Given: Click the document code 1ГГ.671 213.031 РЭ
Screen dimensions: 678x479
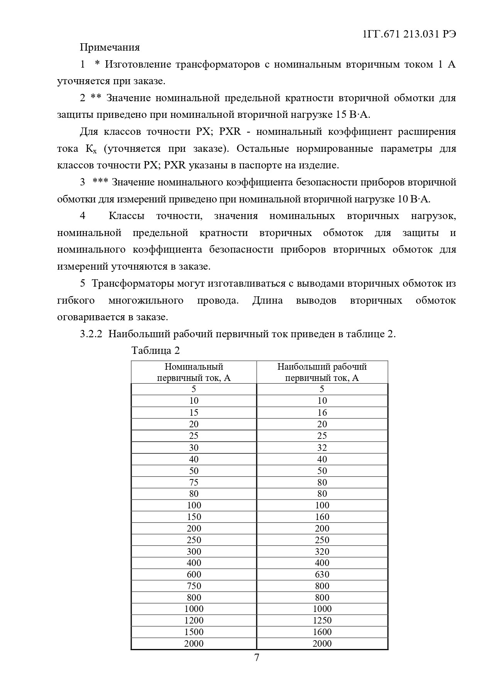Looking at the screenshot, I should tap(410, 34).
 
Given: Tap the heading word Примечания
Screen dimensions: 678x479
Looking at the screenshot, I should tap(110, 48).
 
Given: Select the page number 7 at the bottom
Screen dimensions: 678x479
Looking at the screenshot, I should tap(257, 657).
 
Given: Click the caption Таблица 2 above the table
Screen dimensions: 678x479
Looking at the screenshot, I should tap(156, 350).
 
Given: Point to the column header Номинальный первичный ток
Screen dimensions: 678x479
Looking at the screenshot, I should tap(194, 372).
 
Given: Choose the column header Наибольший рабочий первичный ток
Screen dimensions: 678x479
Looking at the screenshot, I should tap(322, 372).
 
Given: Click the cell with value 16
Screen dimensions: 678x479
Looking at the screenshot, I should tap(322, 413).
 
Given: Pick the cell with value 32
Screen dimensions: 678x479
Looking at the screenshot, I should tap(322, 447).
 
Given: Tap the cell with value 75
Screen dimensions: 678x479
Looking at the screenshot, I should tap(194, 482).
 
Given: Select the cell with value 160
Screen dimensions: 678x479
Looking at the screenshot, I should tap(322, 517).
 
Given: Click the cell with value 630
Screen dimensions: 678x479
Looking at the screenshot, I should tap(322, 574).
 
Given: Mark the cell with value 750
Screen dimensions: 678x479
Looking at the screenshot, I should tap(194, 586).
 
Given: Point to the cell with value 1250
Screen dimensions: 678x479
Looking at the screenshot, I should tap(322, 620).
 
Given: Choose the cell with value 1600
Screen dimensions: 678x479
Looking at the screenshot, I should tap(322, 632).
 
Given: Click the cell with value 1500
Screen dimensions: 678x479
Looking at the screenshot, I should tap(194, 632).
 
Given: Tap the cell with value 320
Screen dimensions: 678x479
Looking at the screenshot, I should tap(322, 552).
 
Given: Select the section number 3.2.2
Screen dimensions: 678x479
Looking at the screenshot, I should tap(91, 334).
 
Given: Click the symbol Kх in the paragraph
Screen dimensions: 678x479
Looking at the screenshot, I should tap(91, 149).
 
